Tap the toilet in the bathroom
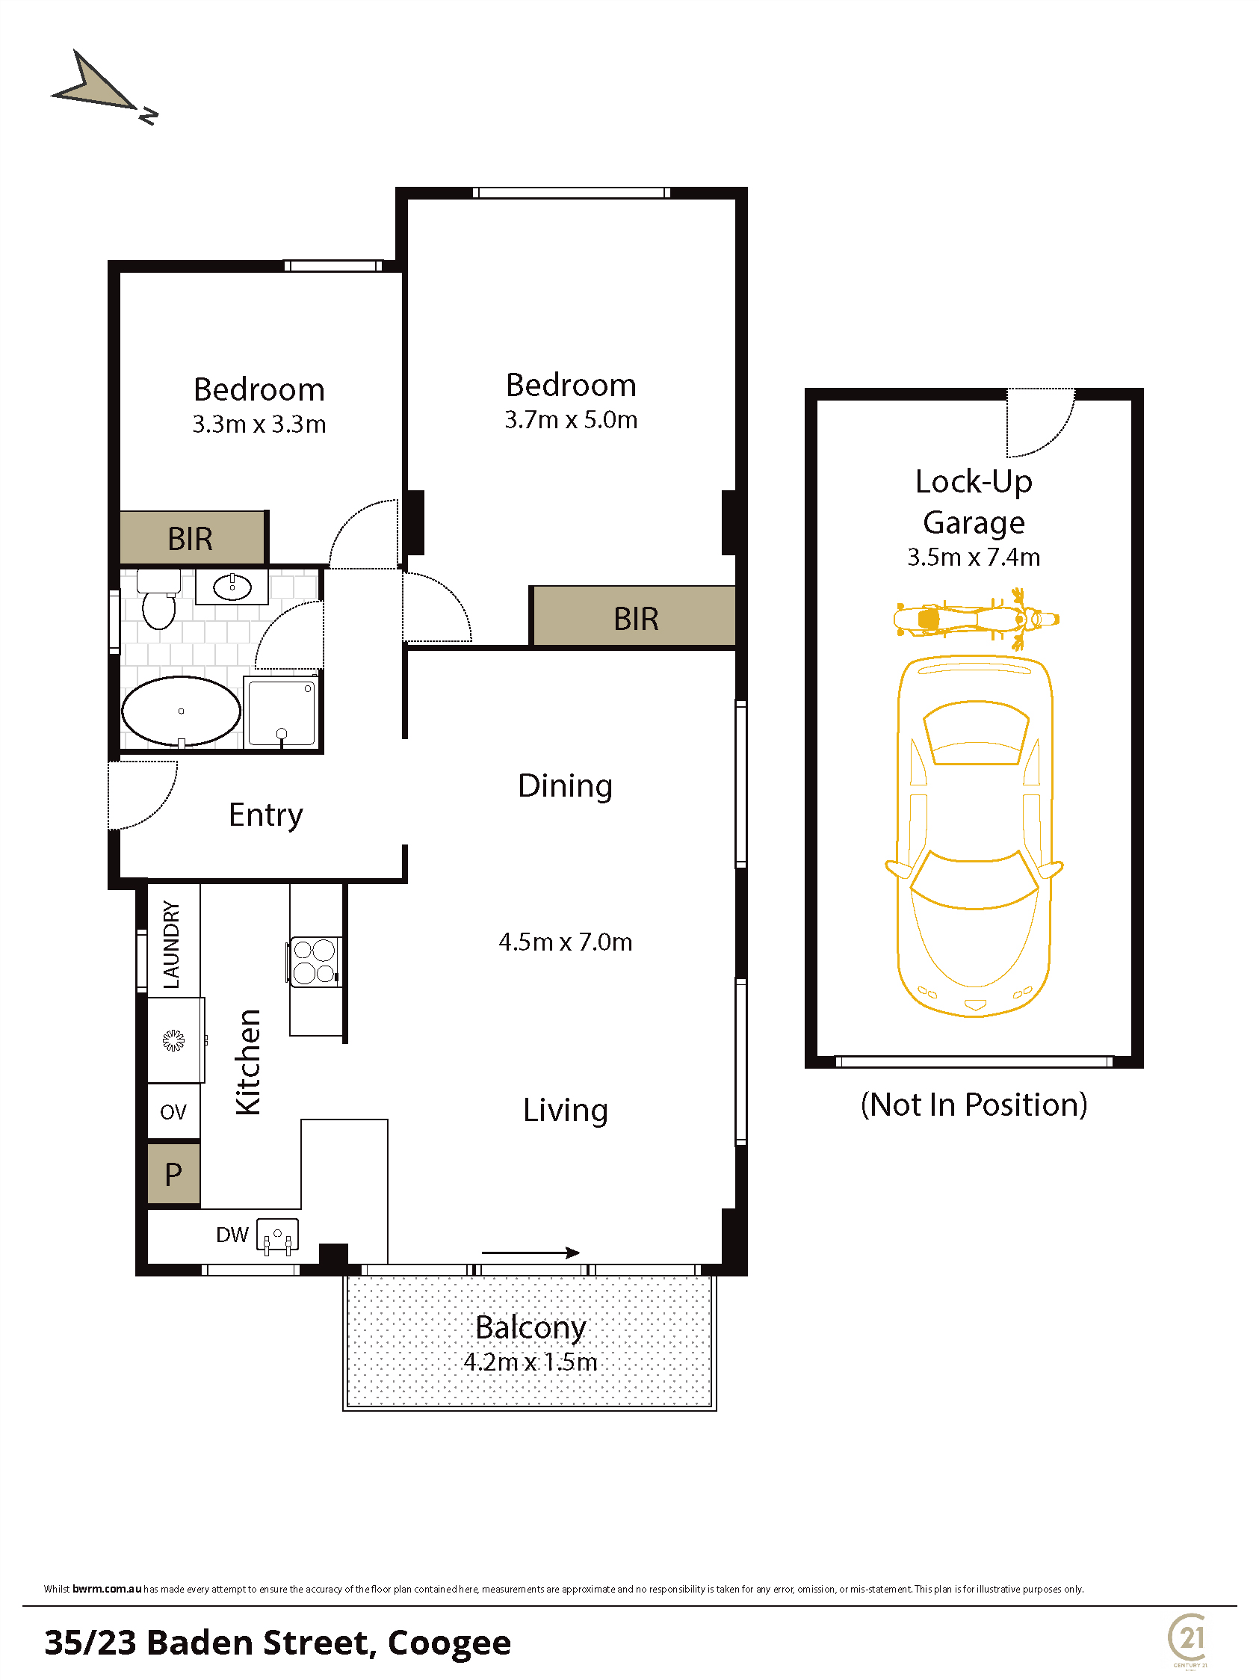[158, 599]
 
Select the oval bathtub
[182, 711]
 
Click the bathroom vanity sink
[232, 587]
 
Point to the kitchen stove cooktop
[315, 962]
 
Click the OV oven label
[173, 1112]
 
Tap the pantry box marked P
[174, 1173]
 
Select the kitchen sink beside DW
[277, 1235]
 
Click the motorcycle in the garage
[977, 619]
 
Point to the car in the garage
[974, 836]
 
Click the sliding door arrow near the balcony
[530, 1253]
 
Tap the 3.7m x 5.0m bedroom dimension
[571, 419]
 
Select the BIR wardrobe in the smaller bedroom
[193, 538]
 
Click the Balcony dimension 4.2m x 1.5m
[530, 1362]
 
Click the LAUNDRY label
[172, 944]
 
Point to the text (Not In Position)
[974, 1105]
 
